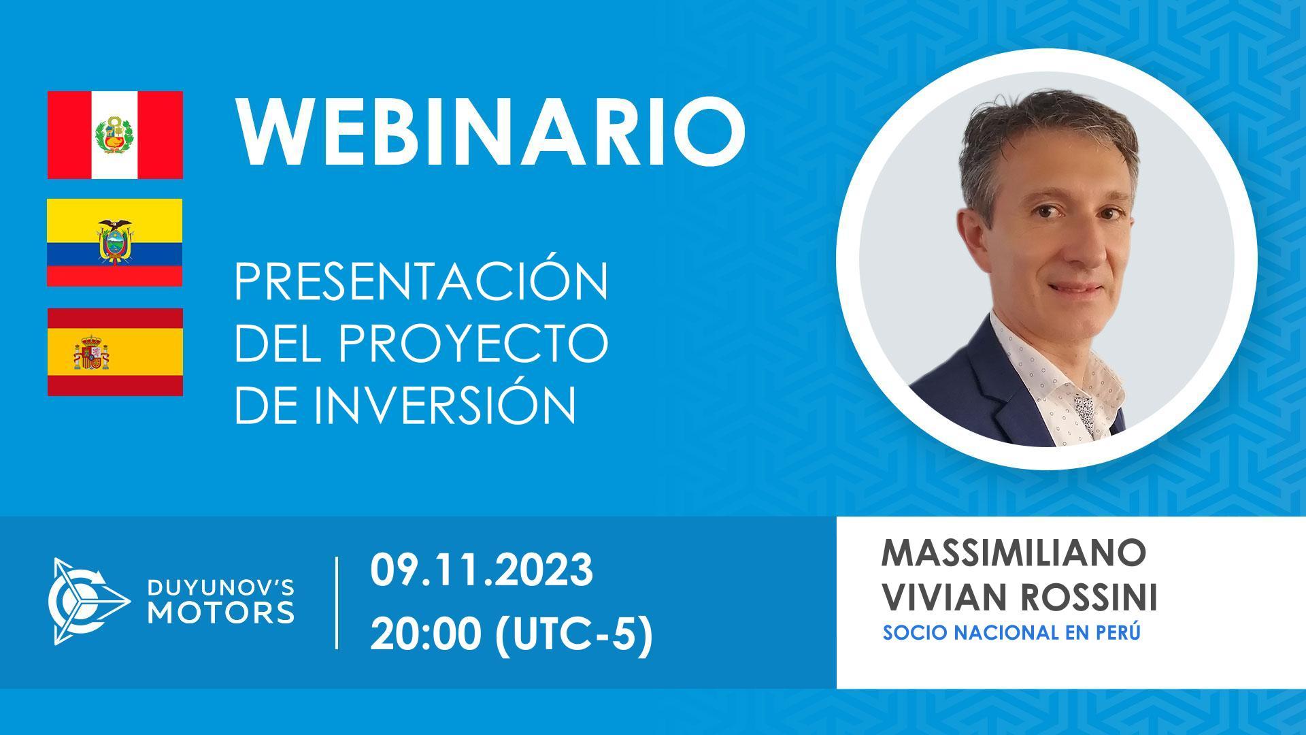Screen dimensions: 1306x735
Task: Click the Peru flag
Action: pos(115,135)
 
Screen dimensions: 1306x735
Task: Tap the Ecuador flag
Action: pos(115,242)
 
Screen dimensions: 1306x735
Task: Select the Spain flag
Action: pos(115,352)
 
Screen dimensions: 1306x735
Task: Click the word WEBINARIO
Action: pos(490,134)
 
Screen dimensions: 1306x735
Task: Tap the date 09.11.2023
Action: pos(482,570)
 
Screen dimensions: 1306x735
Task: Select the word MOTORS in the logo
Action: pos(222,612)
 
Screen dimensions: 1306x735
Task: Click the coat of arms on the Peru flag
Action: pos(114,135)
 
